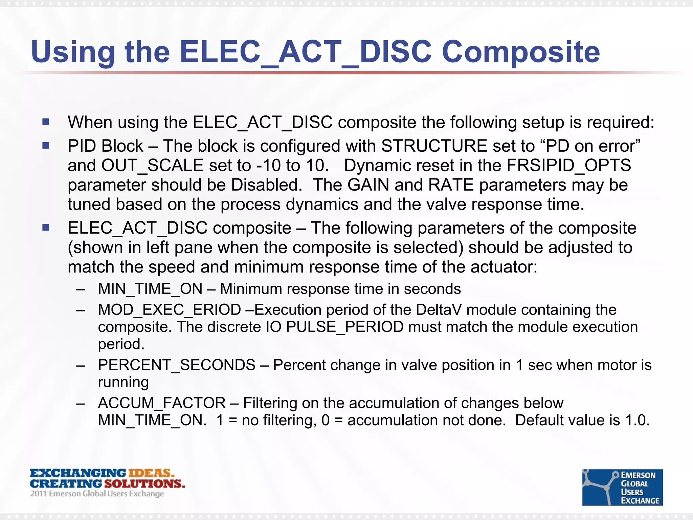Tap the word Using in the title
pos(73,52)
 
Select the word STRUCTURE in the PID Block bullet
pos(434,146)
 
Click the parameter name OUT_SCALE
pos(152,166)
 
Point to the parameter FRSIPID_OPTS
pos(568,166)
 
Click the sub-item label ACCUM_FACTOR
pos(162,403)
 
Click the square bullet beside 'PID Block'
pos(46,146)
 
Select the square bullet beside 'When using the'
pos(46,122)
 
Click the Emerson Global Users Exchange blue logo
pos(622,487)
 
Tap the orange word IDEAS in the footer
pos(151,473)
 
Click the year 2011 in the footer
pos(38,494)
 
